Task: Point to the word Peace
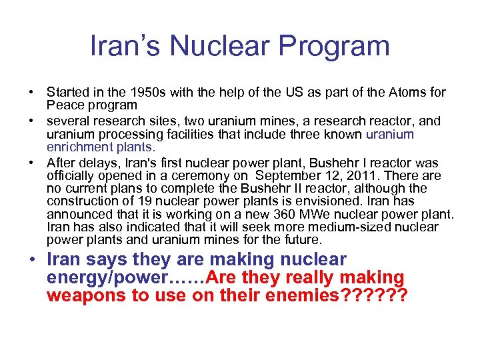63,105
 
